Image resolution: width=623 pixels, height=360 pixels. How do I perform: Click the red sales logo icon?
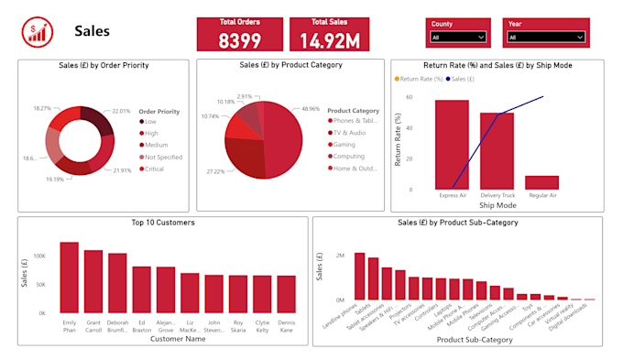[38, 32]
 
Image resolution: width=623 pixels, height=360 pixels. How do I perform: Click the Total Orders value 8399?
[240, 40]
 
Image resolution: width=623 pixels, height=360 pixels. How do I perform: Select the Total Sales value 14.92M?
[334, 40]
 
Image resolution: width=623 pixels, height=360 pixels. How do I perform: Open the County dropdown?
[457, 38]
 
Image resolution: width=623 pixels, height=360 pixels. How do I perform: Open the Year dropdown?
[545, 38]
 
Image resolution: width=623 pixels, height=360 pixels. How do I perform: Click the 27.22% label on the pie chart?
[217, 171]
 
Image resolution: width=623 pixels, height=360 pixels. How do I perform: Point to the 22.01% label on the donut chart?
[122, 110]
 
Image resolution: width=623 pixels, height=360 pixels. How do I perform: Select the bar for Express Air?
[452, 144]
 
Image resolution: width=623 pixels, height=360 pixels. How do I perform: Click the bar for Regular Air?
[541, 181]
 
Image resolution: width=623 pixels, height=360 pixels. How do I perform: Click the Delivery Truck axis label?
[497, 195]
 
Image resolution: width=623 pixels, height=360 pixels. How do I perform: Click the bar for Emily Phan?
[69, 278]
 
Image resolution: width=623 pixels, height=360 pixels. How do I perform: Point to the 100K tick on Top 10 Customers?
[39, 256]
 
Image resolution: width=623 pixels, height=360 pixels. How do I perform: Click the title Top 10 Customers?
[163, 223]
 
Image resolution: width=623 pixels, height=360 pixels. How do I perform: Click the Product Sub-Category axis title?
[475, 340]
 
